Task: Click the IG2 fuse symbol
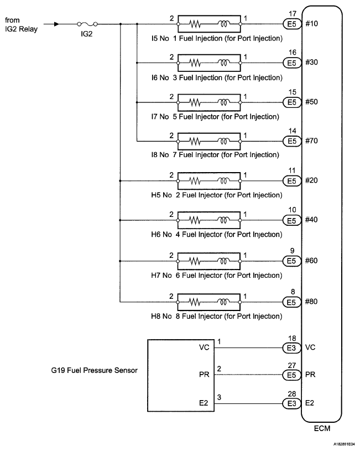(x=88, y=24)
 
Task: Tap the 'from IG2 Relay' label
(x=22, y=24)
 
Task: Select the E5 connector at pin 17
(x=291, y=24)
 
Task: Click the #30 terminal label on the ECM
(x=311, y=63)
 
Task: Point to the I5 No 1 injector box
(x=209, y=24)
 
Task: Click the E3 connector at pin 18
(x=291, y=348)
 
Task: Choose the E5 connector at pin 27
(x=291, y=375)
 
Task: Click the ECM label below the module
(x=321, y=429)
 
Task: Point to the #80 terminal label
(x=311, y=302)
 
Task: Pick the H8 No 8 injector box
(x=209, y=302)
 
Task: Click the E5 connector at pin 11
(x=291, y=180)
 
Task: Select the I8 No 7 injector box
(x=209, y=141)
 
